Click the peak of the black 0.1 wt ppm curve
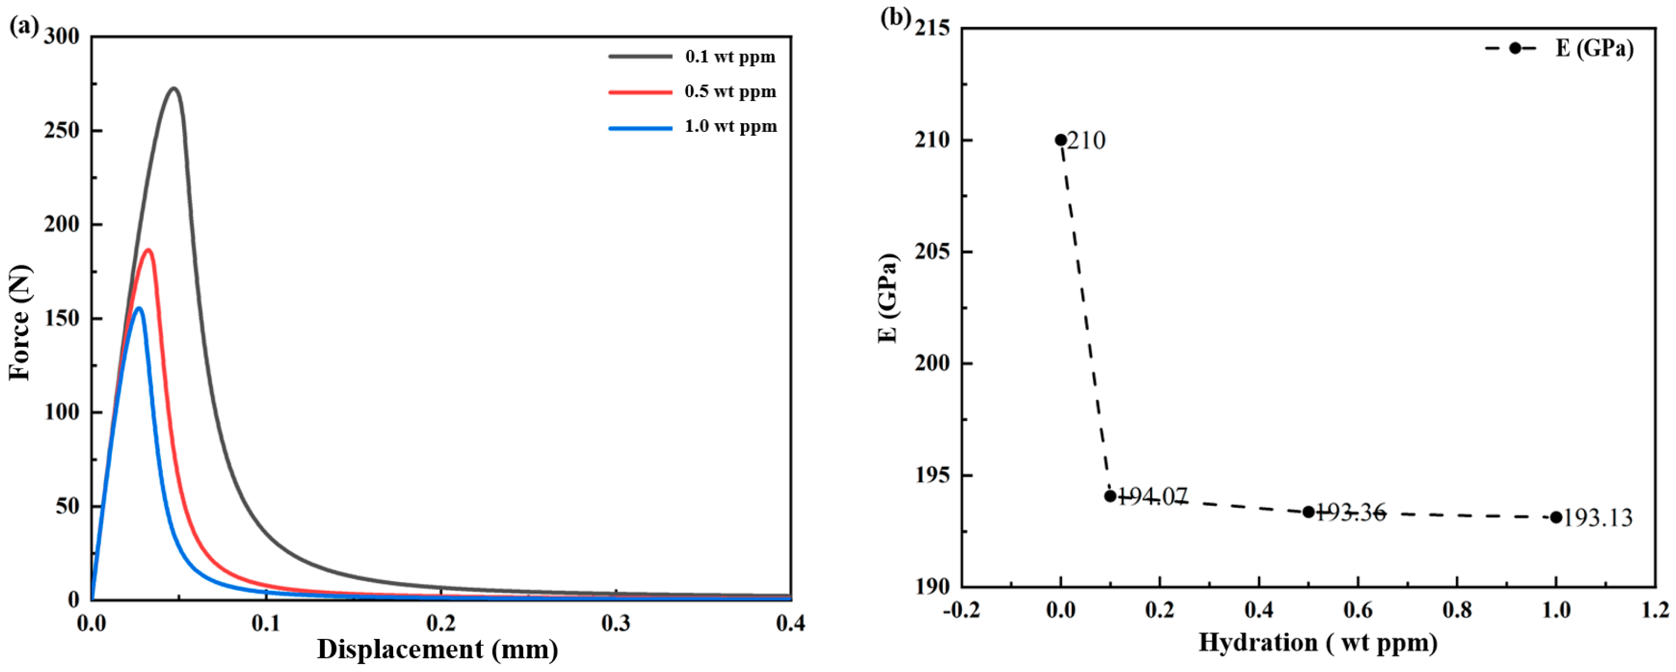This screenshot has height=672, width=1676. (174, 88)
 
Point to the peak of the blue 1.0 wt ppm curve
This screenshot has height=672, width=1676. (139, 309)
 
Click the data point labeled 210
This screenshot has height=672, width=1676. (1061, 140)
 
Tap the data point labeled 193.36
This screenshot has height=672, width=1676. (1308, 512)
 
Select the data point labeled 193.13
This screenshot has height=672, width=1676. (1556, 517)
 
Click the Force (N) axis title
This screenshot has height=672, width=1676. (19, 322)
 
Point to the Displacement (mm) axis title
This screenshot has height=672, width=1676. (437, 649)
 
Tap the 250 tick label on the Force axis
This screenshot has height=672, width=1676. (62, 131)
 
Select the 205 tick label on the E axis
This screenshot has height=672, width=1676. (932, 252)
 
